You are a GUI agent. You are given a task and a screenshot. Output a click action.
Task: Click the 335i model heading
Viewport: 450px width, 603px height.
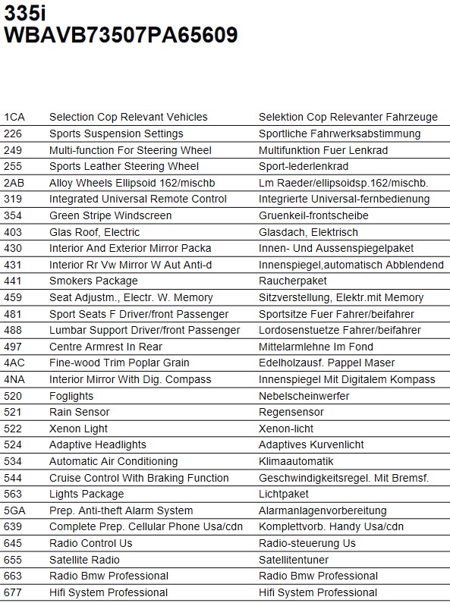coord(25,12)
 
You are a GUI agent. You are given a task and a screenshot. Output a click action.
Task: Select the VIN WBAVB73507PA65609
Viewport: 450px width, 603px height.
coord(121,36)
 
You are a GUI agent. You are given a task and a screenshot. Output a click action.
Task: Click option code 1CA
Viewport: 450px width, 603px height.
coord(14,117)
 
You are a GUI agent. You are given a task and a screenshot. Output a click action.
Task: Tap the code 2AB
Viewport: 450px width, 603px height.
coord(14,183)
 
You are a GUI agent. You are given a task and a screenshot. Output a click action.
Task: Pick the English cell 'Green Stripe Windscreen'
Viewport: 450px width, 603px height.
coord(110,215)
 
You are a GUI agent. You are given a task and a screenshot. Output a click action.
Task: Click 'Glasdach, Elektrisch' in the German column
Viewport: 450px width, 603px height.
coord(308,232)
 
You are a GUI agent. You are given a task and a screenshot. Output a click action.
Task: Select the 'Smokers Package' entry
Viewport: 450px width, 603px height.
coord(93,281)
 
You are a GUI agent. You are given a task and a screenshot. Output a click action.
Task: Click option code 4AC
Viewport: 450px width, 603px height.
coord(14,363)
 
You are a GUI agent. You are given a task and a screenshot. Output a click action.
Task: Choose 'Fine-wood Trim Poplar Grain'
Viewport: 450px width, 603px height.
coord(119,363)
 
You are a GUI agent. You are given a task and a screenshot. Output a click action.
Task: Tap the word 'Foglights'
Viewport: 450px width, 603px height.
coord(71,396)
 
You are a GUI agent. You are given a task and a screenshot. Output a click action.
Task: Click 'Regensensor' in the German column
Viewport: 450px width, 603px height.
coord(290,412)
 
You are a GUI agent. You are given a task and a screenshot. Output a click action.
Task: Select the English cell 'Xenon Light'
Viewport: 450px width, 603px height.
coord(78,429)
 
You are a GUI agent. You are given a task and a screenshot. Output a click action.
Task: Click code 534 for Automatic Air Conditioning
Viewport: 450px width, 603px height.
coord(13,461)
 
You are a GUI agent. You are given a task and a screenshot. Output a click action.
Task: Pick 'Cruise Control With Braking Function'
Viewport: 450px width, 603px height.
coord(139,478)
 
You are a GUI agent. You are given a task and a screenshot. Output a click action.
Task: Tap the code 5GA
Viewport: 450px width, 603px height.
coord(14,510)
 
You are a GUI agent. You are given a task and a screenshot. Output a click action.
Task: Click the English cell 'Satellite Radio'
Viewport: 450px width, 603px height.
coord(84,560)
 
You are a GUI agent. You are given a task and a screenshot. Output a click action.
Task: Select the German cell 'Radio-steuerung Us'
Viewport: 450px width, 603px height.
coord(307,543)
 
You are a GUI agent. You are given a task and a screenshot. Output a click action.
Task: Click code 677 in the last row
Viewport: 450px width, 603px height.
coord(13,592)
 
